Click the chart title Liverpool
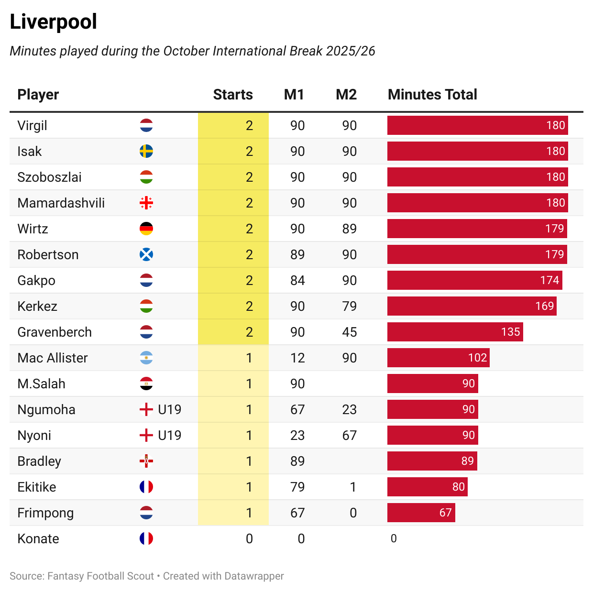point(53,22)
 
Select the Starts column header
point(233,95)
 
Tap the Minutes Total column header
point(432,95)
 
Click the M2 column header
point(346,95)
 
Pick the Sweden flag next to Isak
point(146,152)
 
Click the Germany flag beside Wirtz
point(146,229)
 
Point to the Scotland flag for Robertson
point(146,255)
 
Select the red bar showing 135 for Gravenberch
point(455,332)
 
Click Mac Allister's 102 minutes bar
point(438,358)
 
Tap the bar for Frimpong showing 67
point(421,513)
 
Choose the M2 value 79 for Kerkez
point(349,307)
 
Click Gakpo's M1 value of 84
point(297,281)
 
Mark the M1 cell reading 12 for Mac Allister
point(297,358)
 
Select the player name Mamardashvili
point(61,203)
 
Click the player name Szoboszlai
point(49,177)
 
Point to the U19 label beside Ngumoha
point(169,410)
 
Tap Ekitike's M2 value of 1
point(352,487)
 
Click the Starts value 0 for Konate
point(249,539)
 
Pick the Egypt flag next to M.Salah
point(146,384)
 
